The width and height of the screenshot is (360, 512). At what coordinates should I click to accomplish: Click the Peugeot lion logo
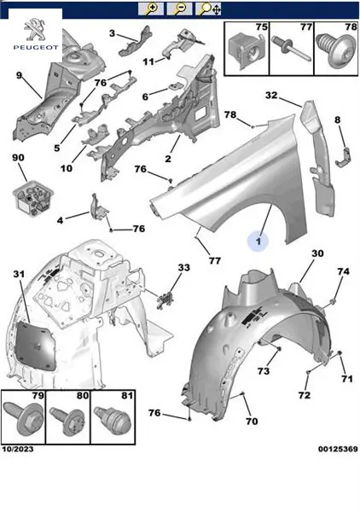pos(35,30)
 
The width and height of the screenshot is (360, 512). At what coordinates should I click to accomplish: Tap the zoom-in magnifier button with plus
pos(150,9)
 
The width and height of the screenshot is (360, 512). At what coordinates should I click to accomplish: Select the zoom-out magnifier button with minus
pos(179,9)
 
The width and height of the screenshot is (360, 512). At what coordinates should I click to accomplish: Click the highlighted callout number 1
pos(258,241)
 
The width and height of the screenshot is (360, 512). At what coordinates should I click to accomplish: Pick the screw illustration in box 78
pos(336,51)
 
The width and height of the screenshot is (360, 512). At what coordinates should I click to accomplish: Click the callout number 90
pos(18,158)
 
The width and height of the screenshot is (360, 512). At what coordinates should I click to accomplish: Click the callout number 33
pos(183,267)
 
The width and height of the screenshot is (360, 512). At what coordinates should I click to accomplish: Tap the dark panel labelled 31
pos(35,345)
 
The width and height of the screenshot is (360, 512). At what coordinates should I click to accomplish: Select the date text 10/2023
pos(18,450)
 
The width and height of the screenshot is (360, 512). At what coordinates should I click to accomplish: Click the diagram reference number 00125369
pos(338,450)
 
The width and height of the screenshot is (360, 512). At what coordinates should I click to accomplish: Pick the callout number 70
pos(252,422)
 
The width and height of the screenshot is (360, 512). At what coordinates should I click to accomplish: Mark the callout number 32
pos(271,96)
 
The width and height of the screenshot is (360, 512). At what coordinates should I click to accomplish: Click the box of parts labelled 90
pos(32,197)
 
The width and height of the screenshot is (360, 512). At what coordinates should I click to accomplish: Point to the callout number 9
pos(19,75)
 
